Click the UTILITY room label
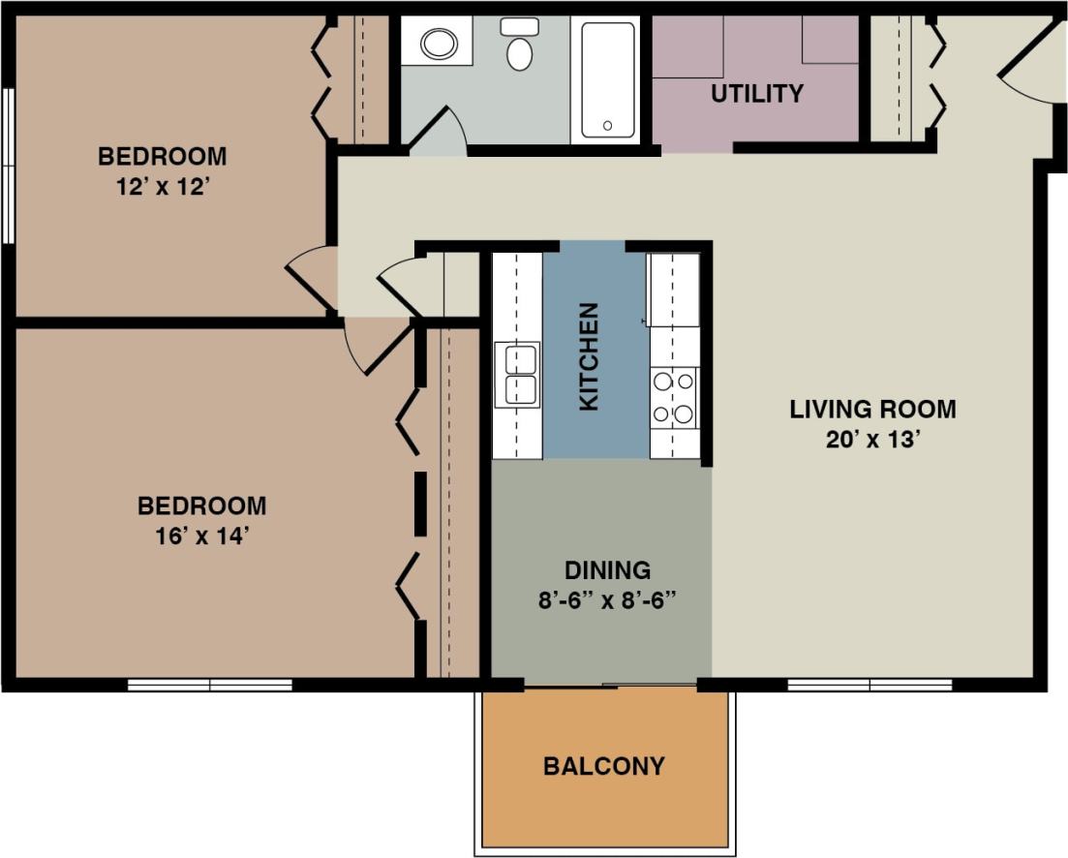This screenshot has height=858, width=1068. click(756, 94)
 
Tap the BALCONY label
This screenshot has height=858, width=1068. click(604, 767)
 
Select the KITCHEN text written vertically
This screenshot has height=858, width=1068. click(589, 356)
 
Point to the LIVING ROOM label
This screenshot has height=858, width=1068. click(872, 409)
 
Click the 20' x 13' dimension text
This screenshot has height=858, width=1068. click(872, 440)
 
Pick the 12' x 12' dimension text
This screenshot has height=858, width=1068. click(163, 187)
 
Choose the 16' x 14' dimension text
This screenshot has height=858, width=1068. click(201, 536)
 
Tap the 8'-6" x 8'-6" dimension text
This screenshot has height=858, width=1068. click(607, 599)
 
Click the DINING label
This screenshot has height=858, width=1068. click(608, 569)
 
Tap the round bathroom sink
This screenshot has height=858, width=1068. click(440, 44)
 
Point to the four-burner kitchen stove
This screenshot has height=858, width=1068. click(674, 397)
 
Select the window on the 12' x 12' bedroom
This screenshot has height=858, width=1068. click(8, 166)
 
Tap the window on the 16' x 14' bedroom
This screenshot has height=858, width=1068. click(210, 685)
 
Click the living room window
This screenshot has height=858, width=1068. click(870, 685)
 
